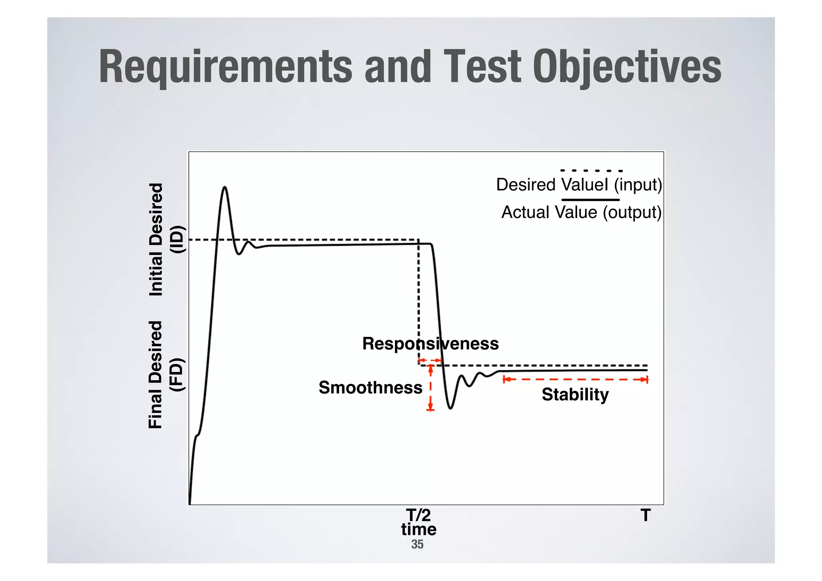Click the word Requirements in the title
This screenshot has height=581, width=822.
(225, 67)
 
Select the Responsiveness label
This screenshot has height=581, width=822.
(430, 344)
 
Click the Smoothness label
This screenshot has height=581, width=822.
(370, 388)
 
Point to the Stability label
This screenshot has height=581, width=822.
(575, 394)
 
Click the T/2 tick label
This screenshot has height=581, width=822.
(418, 515)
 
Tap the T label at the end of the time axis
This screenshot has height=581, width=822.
(645, 515)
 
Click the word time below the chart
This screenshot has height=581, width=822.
(418, 529)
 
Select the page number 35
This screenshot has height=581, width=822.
(417, 544)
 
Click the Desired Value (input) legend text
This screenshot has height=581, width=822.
(579, 185)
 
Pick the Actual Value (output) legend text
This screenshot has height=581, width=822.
(581, 212)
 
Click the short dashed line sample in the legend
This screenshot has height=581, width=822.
(591, 171)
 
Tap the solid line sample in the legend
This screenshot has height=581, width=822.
(590, 200)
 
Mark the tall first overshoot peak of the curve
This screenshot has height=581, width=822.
(224, 188)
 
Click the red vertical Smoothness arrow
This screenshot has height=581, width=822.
(430, 388)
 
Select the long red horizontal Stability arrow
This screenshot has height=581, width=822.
(575, 379)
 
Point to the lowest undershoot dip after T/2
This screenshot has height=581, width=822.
(450, 408)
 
